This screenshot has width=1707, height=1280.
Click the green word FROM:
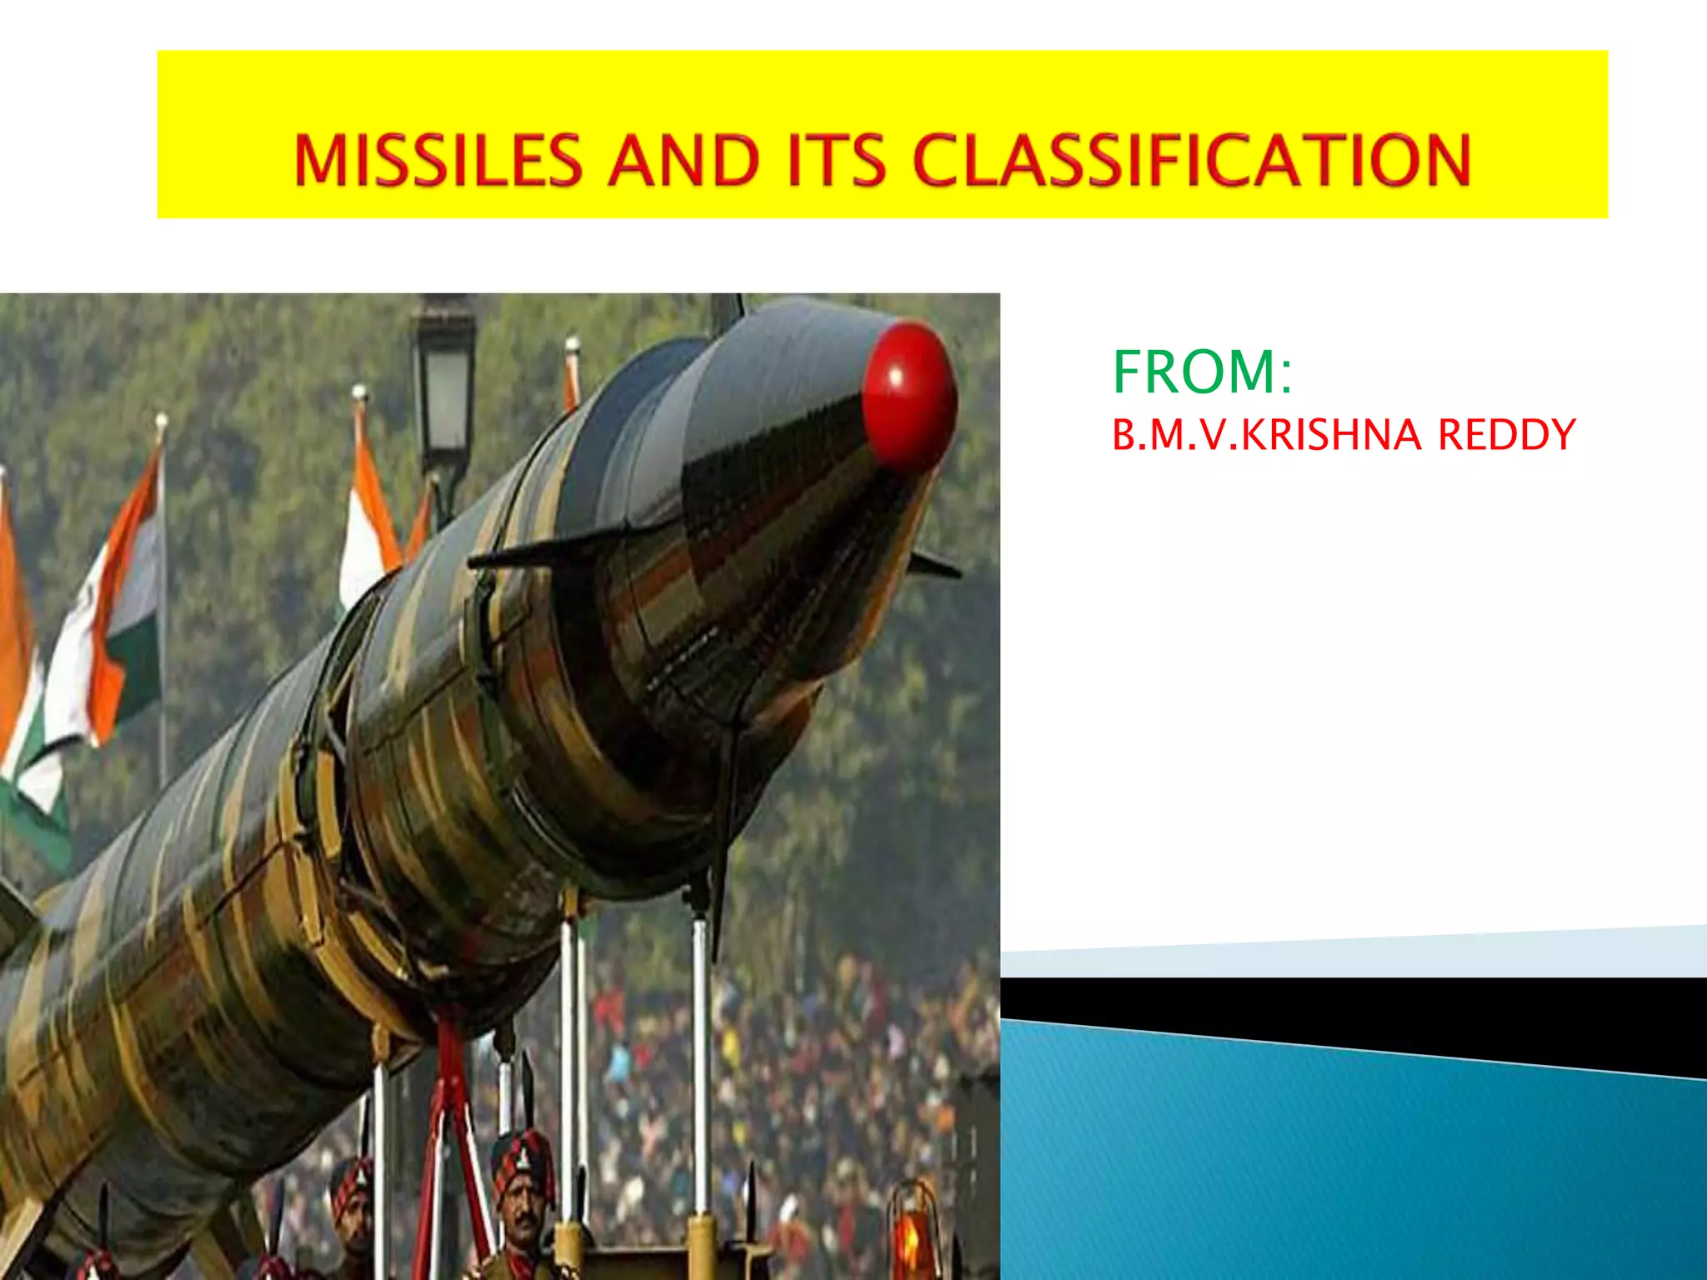click(1202, 372)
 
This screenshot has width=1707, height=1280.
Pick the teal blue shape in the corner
click(1350, 1167)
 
